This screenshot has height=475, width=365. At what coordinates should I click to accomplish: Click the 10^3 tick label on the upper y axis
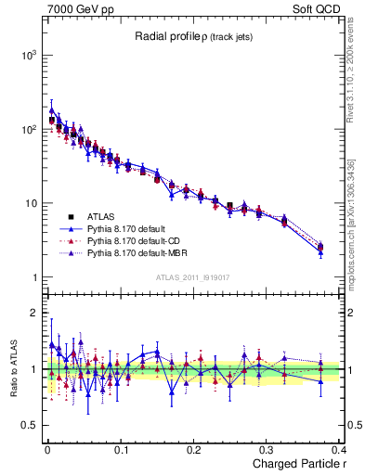click(x=27, y=55)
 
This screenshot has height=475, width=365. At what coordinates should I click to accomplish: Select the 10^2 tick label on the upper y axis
click(x=27, y=129)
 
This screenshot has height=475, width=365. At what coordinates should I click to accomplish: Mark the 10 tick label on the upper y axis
click(x=29, y=203)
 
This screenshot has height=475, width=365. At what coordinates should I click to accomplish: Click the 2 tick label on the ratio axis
click(x=33, y=313)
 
